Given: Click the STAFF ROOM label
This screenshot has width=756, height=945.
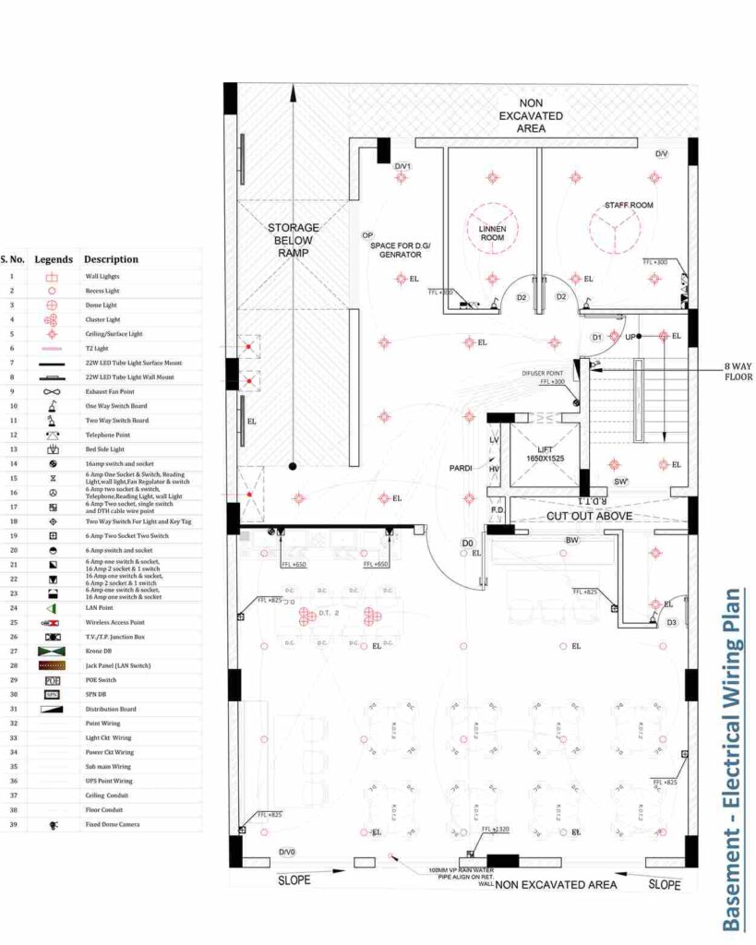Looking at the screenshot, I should (x=629, y=205).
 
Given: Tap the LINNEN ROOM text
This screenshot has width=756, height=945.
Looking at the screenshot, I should (x=492, y=233).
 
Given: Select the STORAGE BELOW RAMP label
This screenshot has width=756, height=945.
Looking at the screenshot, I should (x=293, y=240).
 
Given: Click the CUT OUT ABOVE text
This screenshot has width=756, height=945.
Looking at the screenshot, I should (x=590, y=516).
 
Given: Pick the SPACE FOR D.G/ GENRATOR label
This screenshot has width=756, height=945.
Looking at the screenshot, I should (x=407, y=250).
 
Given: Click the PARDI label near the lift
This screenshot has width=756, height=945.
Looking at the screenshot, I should (x=461, y=469).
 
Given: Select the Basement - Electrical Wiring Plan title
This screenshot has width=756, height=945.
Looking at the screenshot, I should (x=732, y=759).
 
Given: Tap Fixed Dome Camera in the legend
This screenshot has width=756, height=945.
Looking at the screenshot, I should (x=114, y=824).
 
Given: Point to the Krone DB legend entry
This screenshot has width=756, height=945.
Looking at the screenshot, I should (x=98, y=651).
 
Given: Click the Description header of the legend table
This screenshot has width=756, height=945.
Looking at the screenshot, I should (x=111, y=259).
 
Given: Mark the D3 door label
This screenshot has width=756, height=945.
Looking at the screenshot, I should (x=671, y=622).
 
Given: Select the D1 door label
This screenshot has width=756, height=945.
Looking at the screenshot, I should (x=596, y=337).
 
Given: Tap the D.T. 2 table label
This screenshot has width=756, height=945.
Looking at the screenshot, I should (x=331, y=612).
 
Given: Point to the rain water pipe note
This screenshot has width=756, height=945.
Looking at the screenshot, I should (x=461, y=875).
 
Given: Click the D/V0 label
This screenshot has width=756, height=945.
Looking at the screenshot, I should (x=287, y=852).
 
